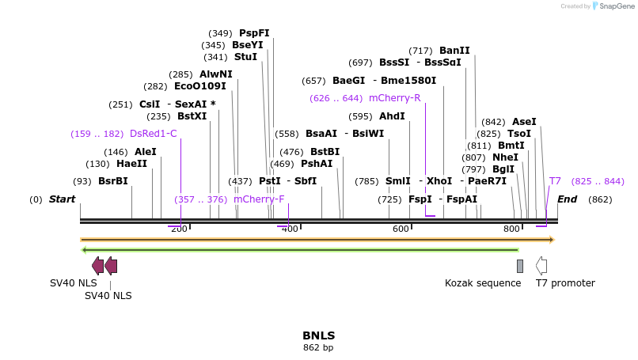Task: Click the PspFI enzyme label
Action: (x=254, y=33)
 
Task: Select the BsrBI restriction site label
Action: (x=113, y=181)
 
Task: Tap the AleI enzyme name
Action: (x=146, y=152)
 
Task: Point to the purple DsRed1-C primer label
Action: (x=154, y=134)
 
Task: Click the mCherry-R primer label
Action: (x=395, y=98)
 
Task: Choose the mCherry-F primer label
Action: (x=259, y=199)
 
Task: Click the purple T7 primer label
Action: (x=555, y=181)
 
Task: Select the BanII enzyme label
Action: (x=454, y=51)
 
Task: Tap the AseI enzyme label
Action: (x=524, y=122)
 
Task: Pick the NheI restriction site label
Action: (x=505, y=157)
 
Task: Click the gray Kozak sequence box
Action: (x=520, y=266)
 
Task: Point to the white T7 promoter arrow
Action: (x=541, y=266)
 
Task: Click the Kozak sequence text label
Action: (x=483, y=283)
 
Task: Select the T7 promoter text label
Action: (x=565, y=283)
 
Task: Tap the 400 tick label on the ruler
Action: (x=291, y=229)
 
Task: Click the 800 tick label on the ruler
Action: (x=512, y=229)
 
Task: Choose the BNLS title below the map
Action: (x=319, y=335)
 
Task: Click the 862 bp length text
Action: (x=319, y=347)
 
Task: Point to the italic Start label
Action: (x=62, y=199)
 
